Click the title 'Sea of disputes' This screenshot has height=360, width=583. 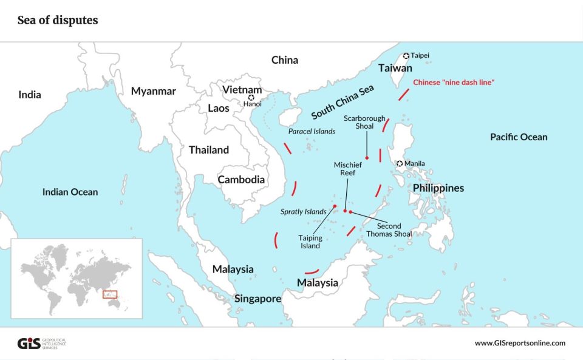pyautogui.click(x=58, y=21)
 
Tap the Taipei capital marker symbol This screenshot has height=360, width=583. pyautogui.click(x=406, y=55)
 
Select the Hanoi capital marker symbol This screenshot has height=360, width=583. pyautogui.click(x=251, y=97)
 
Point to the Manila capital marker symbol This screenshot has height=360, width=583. pyautogui.click(x=400, y=163)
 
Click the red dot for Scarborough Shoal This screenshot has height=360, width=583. pyautogui.click(x=367, y=158)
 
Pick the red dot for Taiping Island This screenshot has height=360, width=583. pyautogui.click(x=335, y=206)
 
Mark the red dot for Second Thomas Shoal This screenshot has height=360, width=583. pyautogui.click(x=350, y=211)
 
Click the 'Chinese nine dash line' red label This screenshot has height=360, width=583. pyautogui.click(x=453, y=82)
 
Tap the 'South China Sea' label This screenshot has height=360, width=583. pyautogui.click(x=342, y=102)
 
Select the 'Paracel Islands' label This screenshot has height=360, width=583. pyautogui.click(x=312, y=131)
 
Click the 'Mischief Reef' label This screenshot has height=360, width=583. pyautogui.click(x=347, y=169)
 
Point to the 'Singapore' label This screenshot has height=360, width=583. pyautogui.click(x=257, y=299)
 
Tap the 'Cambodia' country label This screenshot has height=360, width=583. pyautogui.click(x=241, y=180)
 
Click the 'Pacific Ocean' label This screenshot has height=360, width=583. pyautogui.click(x=519, y=137)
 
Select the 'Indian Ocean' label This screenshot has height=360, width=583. pyautogui.click(x=70, y=192)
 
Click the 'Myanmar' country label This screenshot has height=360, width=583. pyautogui.click(x=154, y=91)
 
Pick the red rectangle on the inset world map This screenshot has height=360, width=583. pyautogui.click(x=109, y=294)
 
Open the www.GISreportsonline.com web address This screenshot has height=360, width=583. pyautogui.click(x=520, y=343)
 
